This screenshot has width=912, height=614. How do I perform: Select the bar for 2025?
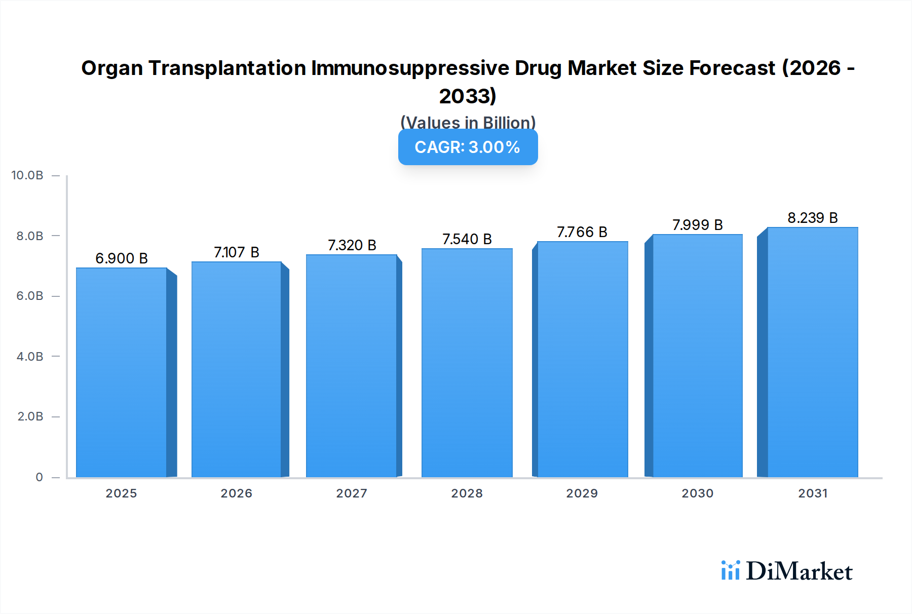(122, 372)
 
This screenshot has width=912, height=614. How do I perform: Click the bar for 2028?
(467, 363)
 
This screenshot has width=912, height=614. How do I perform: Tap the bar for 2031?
(812, 352)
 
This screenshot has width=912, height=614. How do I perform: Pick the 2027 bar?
(351, 366)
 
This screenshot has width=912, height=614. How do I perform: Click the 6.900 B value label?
(122, 258)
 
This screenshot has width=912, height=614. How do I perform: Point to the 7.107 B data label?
(236, 252)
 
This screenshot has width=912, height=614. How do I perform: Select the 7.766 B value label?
(582, 232)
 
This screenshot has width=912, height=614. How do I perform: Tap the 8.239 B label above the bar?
(812, 218)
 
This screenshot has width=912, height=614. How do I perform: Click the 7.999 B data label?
(697, 225)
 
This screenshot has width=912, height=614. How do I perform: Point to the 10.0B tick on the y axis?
(27, 175)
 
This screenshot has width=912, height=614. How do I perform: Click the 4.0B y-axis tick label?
(30, 357)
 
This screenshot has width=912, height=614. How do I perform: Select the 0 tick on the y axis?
(39, 477)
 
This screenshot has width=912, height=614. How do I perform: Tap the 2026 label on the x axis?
(236, 493)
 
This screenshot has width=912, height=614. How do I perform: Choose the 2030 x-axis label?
(697, 493)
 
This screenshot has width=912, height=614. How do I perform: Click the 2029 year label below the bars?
(582, 493)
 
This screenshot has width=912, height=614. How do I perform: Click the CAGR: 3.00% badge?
(468, 147)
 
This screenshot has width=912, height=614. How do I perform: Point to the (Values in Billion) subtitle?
(468, 122)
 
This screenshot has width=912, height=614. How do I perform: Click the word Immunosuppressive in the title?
(410, 68)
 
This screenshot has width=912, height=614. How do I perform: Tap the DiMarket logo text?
(799, 571)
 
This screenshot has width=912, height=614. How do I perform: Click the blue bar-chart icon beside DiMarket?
(730, 570)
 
